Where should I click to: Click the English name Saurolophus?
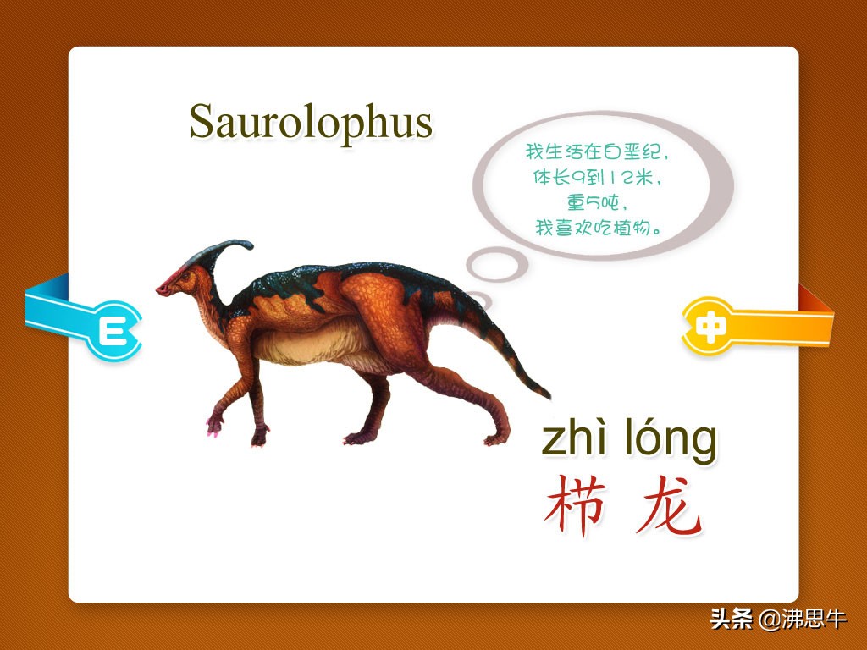click(311, 123)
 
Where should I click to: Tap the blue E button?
click(114, 331)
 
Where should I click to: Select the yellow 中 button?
click(710, 326)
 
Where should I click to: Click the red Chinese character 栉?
click(576, 505)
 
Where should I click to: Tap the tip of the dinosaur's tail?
click(549, 396)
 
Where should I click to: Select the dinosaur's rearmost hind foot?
click(496, 439)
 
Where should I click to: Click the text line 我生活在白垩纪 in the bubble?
click(597, 151)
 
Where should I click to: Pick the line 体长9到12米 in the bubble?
click(597, 177)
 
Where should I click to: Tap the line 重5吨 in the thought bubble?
click(597, 202)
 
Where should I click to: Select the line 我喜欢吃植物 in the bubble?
click(597, 227)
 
